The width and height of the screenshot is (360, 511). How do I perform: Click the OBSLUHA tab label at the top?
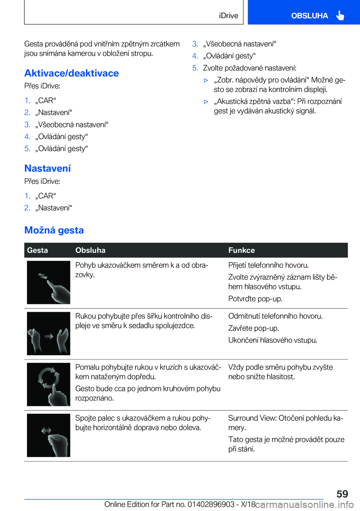coord(309,16)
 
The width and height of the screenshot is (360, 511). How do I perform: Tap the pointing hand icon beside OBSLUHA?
coord(340,15)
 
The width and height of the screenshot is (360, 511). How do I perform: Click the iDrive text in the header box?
coord(228,16)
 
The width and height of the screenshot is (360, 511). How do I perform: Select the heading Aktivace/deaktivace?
coord(72,73)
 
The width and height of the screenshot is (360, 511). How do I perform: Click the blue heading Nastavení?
coord(48,168)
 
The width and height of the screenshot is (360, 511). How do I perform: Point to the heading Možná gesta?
coord(54,230)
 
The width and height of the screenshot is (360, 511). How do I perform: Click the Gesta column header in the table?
coord(37,250)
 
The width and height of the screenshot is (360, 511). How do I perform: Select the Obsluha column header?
coord(90,250)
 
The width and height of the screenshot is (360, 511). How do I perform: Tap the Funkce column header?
coord(241,250)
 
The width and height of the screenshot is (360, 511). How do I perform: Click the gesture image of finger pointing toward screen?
coord(48,283)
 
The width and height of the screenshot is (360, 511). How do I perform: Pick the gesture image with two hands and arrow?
coord(48,334)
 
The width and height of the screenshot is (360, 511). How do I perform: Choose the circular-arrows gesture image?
coord(48,384)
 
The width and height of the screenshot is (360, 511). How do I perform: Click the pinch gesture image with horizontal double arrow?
coord(48,435)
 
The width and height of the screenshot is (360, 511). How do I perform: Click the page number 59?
coord(342,494)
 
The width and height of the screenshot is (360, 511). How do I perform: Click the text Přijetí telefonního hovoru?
coord(268,265)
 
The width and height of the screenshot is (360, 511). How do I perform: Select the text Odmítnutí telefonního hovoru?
coord(275,316)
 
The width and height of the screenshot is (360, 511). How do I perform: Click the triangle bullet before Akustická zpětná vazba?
coord(206,102)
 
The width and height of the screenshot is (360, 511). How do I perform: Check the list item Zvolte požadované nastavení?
coord(249,68)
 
